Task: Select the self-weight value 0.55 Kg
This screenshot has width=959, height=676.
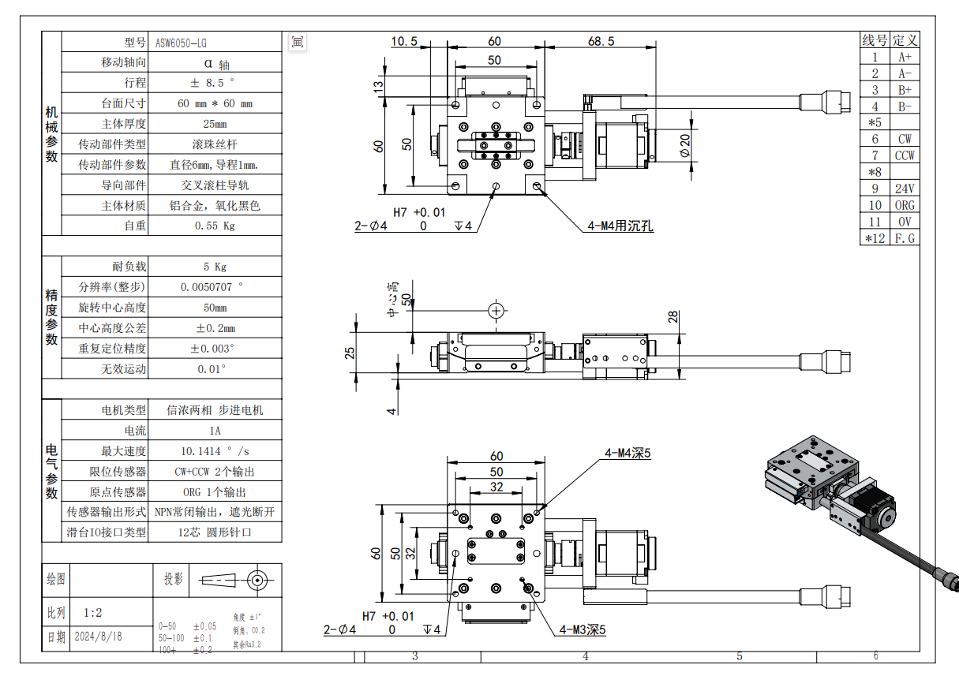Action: click(215, 226)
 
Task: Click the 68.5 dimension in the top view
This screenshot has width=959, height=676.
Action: click(601, 41)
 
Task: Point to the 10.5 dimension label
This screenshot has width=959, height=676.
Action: click(403, 41)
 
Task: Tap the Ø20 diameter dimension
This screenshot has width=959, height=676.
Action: click(684, 145)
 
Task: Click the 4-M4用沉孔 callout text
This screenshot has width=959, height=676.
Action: click(620, 226)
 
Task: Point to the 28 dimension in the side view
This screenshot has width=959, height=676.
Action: click(672, 317)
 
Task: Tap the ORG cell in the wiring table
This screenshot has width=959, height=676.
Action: click(905, 205)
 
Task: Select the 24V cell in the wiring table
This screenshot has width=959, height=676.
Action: click(905, 189)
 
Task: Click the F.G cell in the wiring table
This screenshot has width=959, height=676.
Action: click(905, 238)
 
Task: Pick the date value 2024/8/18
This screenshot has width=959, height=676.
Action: click(98, 636)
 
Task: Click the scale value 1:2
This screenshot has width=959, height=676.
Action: click(92, 612)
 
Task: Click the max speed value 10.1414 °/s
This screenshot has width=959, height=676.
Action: click(215, 451)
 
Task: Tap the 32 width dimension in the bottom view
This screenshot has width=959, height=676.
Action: click(496, 487)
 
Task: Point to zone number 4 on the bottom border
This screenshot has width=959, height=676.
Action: click(585, 656)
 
